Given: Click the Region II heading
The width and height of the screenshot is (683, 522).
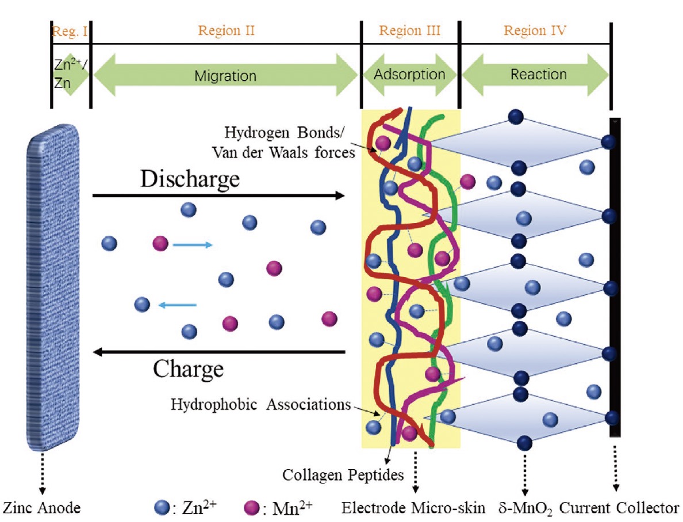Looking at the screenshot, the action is (x=226, y=31).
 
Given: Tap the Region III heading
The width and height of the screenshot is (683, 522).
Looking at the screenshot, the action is (x=410, y=31).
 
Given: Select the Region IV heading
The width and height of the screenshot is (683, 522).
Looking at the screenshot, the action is (x=535, y=31).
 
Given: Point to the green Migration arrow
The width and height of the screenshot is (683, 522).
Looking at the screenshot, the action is (x=225, y=75).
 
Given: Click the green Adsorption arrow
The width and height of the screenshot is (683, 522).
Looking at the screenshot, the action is (x=410, y=75).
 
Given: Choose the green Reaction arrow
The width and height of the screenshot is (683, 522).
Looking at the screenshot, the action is (x=535, y=75).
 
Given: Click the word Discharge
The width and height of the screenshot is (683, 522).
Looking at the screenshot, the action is (x=190, y=179).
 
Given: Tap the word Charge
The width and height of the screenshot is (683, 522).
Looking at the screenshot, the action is (x=188, y=369).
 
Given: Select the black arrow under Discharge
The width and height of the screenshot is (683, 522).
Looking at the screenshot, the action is (x=218, y=195).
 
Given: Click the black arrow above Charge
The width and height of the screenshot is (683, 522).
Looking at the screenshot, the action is (x=220, y=352).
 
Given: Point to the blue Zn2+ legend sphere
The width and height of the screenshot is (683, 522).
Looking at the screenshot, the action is (x=162, y=508).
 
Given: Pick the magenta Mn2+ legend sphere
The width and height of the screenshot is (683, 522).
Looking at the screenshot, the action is (x=251, y=508).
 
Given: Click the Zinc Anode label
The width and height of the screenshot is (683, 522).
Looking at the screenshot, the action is (x=42, y=508).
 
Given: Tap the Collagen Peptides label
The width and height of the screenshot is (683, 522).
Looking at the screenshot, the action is (x=343, y=475).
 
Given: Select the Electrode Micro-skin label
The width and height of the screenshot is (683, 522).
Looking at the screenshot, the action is (x=413, y=508).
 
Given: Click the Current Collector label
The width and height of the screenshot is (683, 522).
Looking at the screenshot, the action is (x=619, y=508).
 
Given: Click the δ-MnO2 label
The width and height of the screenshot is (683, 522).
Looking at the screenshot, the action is (x=525, y=509).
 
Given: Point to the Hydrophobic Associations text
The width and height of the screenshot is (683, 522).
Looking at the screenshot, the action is (x=260, y=404).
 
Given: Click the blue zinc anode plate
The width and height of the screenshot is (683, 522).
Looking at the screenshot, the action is (x=53, y=287).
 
